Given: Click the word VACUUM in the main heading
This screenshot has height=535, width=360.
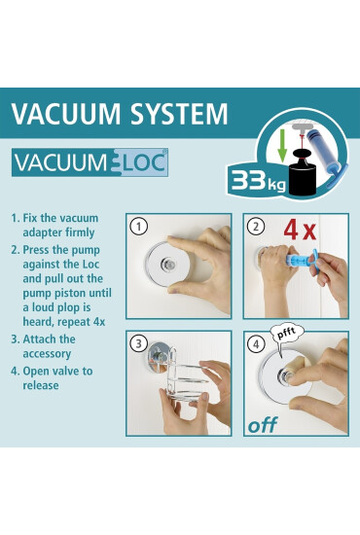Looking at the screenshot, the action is point(66,113).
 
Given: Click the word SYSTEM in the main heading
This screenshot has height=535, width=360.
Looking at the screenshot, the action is point(179,113).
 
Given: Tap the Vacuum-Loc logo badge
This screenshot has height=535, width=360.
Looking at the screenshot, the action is point(90,162).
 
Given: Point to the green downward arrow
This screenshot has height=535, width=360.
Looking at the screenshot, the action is point(282,145).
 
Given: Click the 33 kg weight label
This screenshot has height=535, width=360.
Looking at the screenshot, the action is point(258,180).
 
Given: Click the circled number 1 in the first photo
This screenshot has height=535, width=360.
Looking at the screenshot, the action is point(139,227).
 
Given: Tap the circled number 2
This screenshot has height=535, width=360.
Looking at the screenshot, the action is point(256,227).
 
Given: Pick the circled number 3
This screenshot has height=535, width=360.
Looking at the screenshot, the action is point(138,343).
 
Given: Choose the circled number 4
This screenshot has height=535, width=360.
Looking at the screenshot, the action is point(256,344).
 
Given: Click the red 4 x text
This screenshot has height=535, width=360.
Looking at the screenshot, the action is point(300,231).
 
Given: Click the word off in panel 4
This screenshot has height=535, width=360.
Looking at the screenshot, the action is point(263,424).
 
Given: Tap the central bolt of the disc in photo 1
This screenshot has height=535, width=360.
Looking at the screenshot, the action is point(168,264).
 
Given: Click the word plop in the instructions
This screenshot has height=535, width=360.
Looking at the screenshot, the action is point(65,307).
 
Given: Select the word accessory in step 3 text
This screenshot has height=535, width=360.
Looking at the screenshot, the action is point(47,354).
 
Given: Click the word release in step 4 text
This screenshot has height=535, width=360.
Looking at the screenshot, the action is point(41,385).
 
